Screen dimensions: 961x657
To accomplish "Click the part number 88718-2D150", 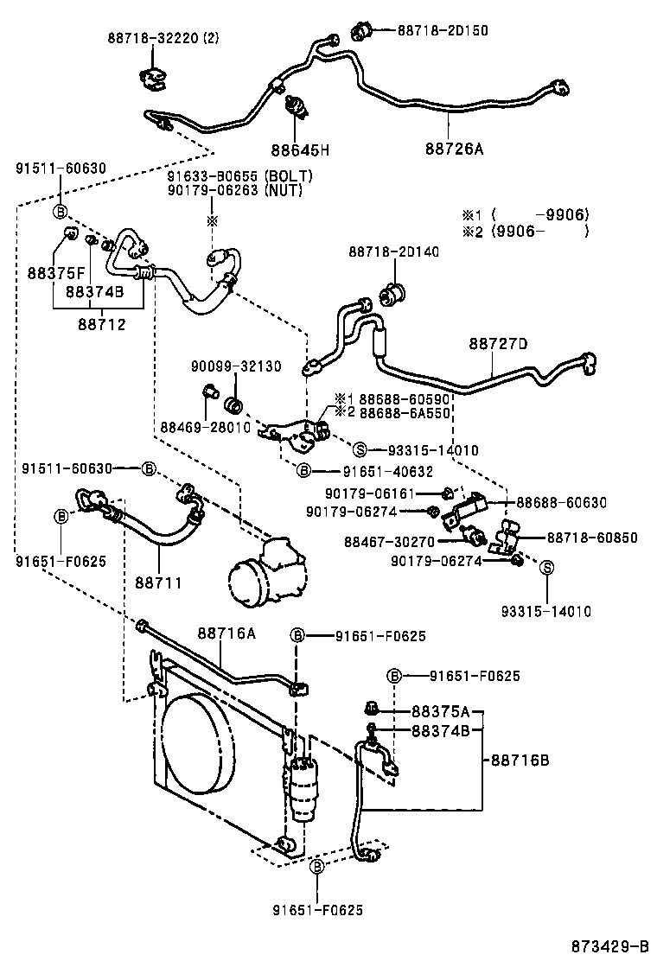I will [443, 30].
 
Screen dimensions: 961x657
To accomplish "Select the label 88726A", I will [454, 149].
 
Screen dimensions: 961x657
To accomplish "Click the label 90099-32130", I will [236, 366].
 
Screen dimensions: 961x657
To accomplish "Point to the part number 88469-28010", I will [205, 427].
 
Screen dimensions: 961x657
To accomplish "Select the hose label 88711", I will [157, 583].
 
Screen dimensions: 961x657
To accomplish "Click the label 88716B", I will [520, 761].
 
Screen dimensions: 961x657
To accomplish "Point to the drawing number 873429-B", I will [610, 945].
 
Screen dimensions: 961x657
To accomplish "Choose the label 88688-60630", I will [561, 502].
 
